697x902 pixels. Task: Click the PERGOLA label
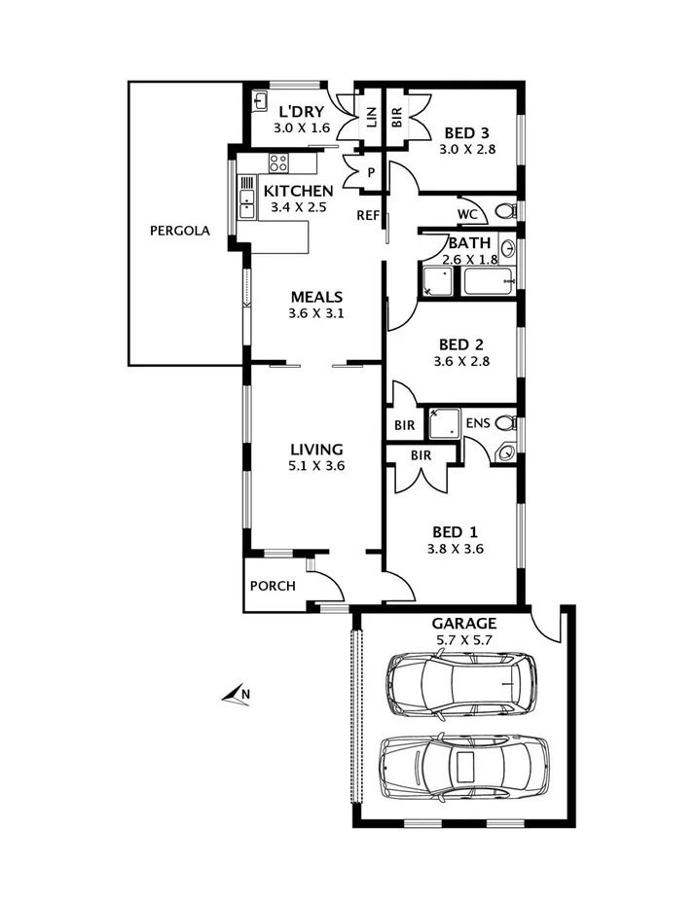click(180, 232)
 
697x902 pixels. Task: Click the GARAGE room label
click(463, 624)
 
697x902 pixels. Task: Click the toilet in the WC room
click(504, 211)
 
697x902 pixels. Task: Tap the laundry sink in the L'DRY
click(261, 100)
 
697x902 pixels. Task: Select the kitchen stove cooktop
click(278, 163)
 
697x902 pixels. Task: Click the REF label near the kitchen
click(368, 215)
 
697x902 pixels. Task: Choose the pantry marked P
click(372, 173)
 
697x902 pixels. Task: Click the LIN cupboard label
click(371, 118)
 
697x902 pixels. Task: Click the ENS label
click(477, 422)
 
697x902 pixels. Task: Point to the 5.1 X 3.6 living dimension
click(316, 466)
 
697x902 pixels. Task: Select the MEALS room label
click(316, 297)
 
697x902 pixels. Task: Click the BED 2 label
click(461, 343)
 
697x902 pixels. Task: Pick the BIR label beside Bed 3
click(396, 118)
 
